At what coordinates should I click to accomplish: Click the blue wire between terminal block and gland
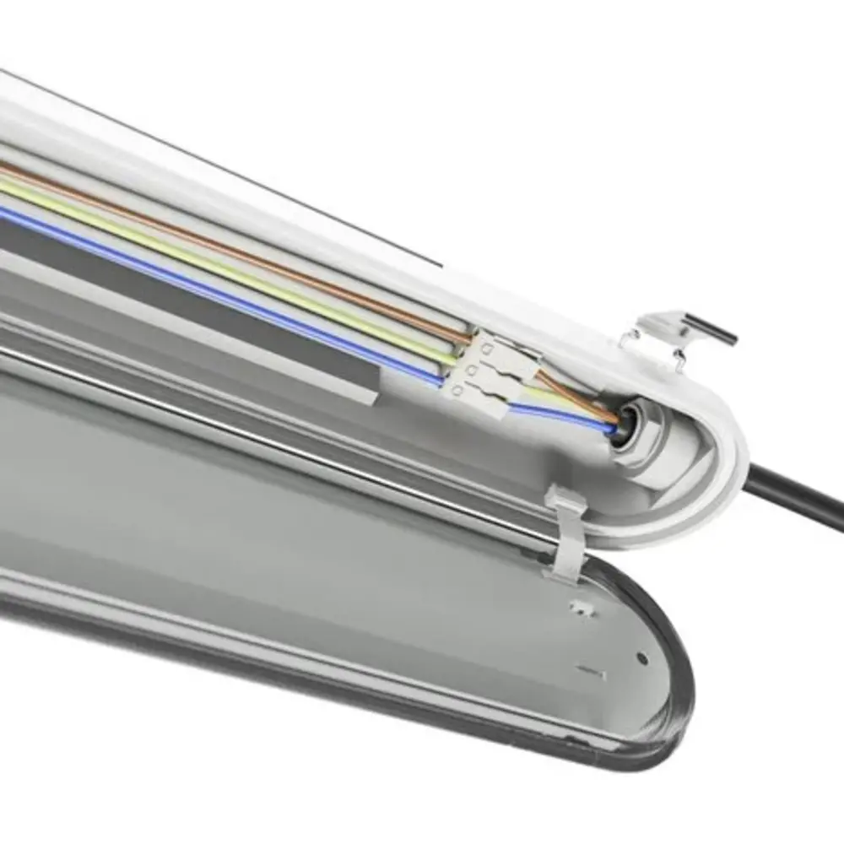click(x=557, y=414)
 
